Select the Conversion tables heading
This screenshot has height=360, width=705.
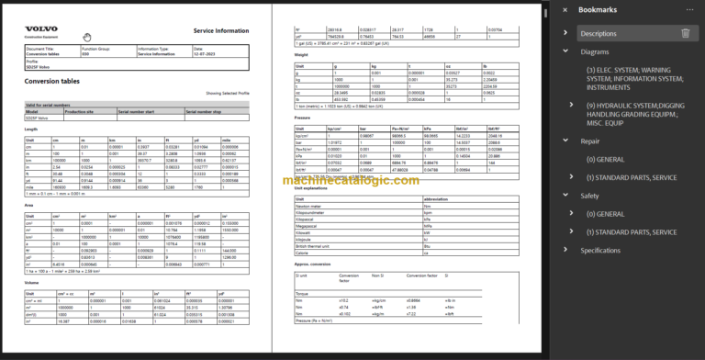pos(52,79)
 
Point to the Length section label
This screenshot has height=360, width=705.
pos(32,129)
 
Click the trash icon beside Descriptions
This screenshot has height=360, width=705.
pos(685,33)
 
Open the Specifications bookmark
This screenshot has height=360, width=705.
pos(600,250)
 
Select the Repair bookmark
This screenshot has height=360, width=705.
pos(589,141)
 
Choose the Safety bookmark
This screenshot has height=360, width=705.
pos(589,196)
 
